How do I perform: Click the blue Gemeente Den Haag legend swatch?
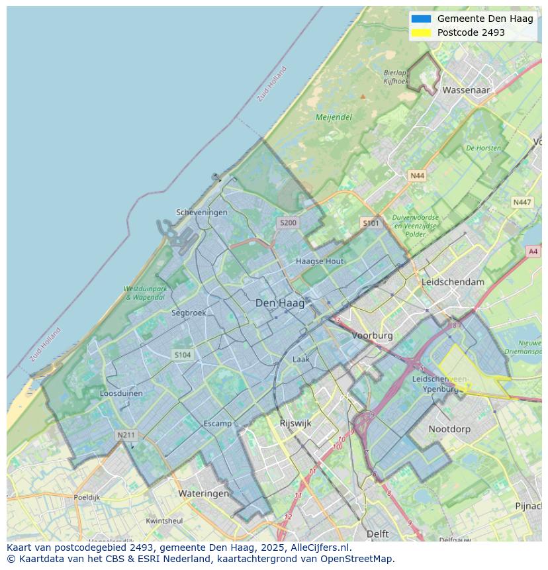point(421,19)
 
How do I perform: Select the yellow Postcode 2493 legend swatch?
point(421,32)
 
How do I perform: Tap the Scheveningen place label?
point(201,213)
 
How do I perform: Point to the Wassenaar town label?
point(466,89)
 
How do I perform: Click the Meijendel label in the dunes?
point(334,117)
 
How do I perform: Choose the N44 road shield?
point(417,175)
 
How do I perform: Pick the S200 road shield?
point(288,223)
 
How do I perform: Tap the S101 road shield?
point(371,223)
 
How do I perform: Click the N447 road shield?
point(522,202)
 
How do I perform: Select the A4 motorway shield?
point(533,251)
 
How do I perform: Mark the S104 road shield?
point(183,355)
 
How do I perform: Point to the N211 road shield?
point(125,435)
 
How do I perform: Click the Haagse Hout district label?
point(320,261)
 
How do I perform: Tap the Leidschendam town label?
point(453,281)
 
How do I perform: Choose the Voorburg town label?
point(372,336)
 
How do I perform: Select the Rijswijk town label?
point(295,423)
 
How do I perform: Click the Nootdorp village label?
point(449,429)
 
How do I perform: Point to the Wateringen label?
point(204,493)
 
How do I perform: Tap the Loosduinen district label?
point(121,393)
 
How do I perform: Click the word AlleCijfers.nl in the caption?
point(321,547)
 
